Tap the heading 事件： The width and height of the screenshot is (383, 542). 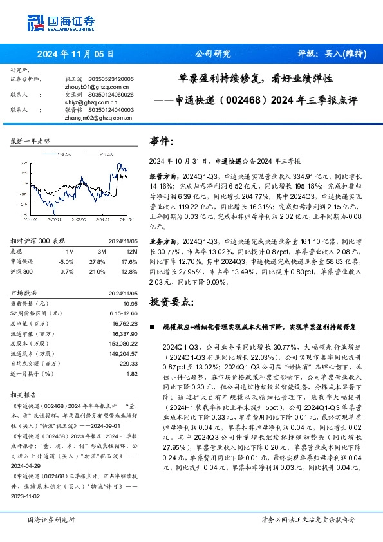click(162, 141)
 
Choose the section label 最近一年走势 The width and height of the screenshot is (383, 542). click(30, 140)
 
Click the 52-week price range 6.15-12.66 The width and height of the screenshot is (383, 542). click(122, 312)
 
